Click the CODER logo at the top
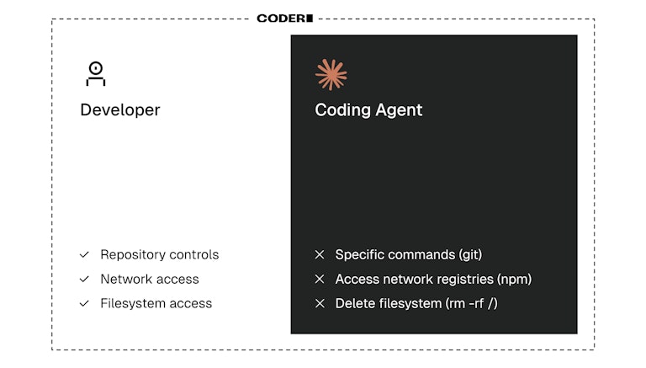click(x=284, y=18)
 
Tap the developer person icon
click(x=96, y=74)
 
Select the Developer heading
click(x=119, y=110)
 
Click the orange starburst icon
click(x=331, y=75)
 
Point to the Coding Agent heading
click(x=368, y=110)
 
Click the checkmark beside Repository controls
click(x=84, y=254)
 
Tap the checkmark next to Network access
click(x=84, y=279)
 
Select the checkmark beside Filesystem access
click(x=84, y=303)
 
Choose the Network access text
click(x=150, y=279)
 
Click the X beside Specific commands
click(x=320, y=254)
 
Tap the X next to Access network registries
click(x=320, y=279)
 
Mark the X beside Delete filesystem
click(x=320, y=303)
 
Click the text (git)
click(x=470, y=254)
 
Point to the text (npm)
click(x=514, y=279)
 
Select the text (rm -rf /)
click(x=471, y=303)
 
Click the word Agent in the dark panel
click(x=400, y=110)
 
